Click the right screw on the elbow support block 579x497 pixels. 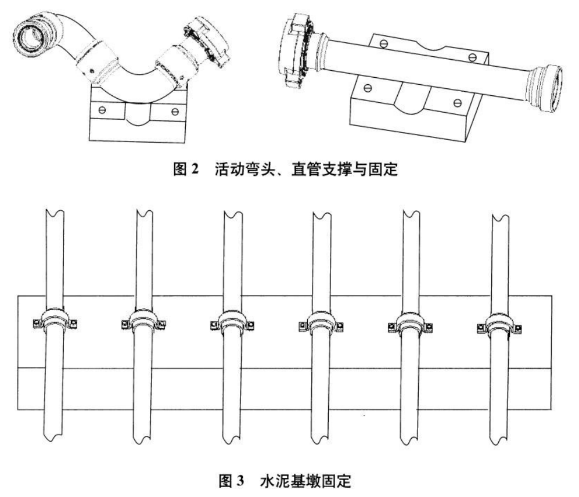tap(174, 109)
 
